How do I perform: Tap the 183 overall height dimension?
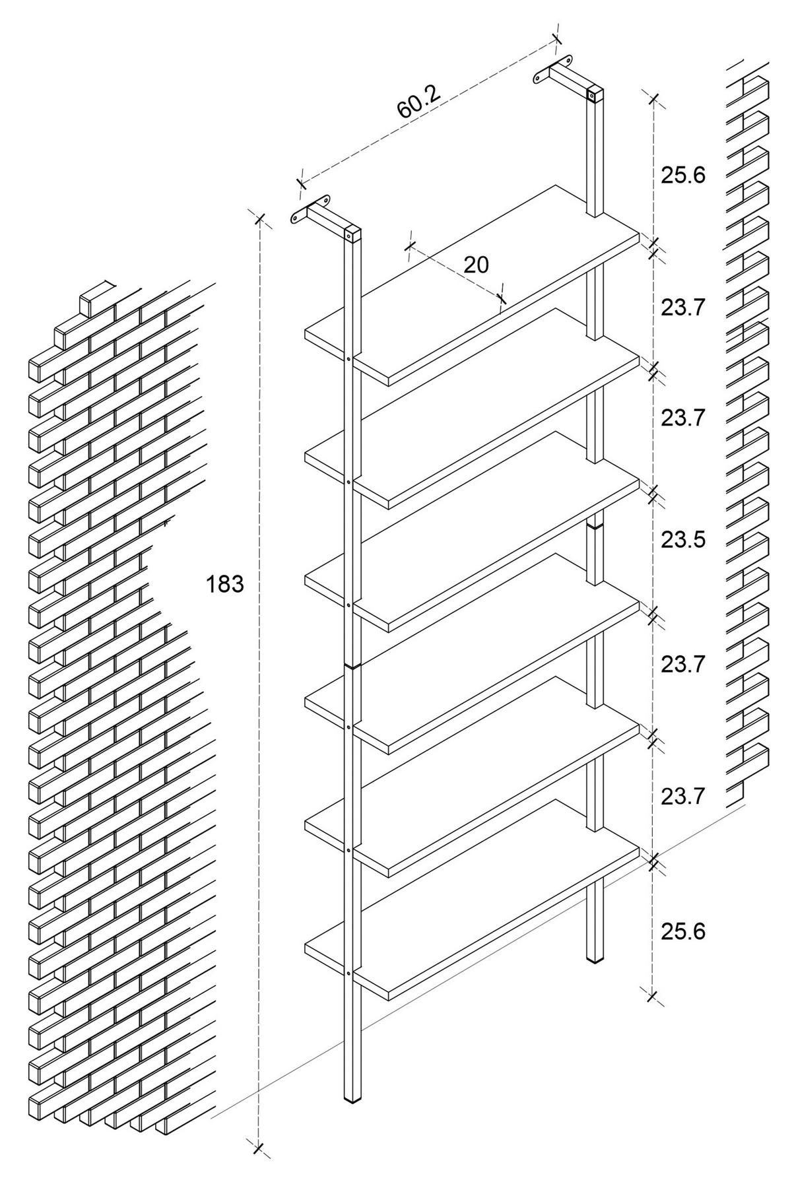pyautogui.click(x=225, y=584)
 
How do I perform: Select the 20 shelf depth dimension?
pyautogui.click(x=476, y=265)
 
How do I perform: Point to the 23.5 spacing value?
pyautogui.click(x=683, y=539)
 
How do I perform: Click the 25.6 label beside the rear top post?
pyautogui.click(x=683, y=175)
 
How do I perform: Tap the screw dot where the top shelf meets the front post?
pyautogui.click(x=348, y=359)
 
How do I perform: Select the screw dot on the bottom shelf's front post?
pyautogui.click(x=348, y=973)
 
